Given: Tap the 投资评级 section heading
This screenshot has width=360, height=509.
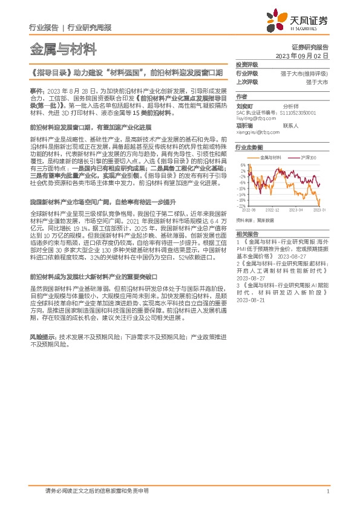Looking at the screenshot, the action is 247,64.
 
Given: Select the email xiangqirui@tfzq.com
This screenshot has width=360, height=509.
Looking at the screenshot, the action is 258,131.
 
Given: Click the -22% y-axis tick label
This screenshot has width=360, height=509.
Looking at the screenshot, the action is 241,206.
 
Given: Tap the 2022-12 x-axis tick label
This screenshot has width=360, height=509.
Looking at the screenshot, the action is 274,209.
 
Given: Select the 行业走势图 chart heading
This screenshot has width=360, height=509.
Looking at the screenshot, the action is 249,148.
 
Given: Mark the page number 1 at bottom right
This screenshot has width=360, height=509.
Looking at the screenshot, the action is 327,491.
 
